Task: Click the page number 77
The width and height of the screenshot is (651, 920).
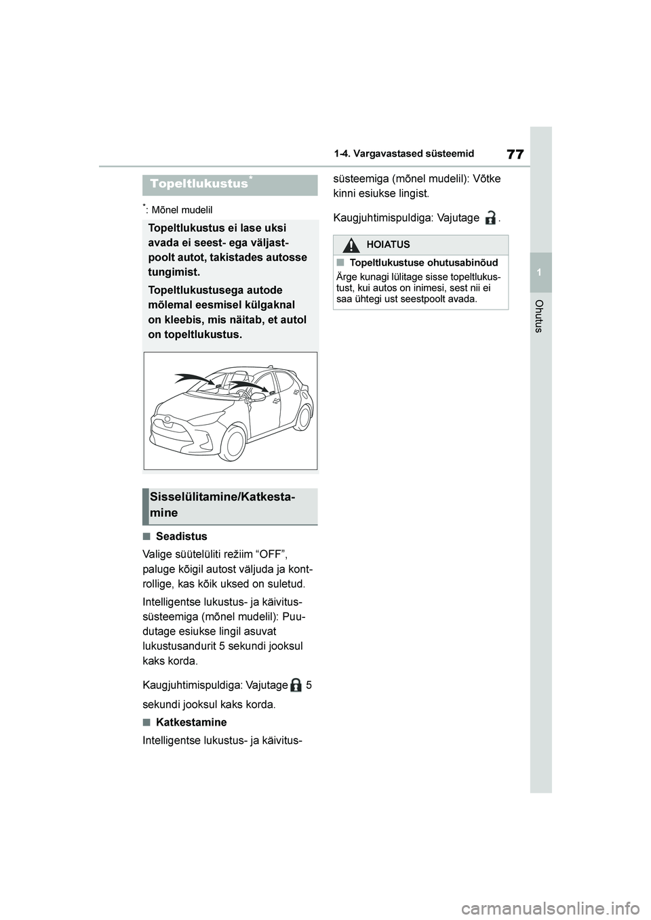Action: (x=515, y=154)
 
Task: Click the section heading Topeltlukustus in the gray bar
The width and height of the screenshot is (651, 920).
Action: (x=199, y=184)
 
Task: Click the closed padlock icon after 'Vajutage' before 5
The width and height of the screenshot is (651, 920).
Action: (x=296, y=685)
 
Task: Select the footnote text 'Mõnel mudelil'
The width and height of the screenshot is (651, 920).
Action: (x=182, y=210)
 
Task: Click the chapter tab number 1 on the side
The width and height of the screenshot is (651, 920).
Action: (x=540, y=272)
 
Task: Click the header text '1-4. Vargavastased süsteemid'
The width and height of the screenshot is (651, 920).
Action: (x=403, y=154)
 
